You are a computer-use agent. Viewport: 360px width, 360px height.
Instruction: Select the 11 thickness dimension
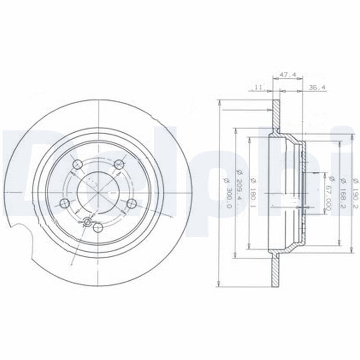click(258, 88)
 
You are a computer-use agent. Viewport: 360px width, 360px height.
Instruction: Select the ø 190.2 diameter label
click(355, 191)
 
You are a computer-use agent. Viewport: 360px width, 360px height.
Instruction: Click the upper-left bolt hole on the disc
click(77, 164)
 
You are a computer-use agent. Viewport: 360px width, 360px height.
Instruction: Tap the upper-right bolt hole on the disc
click(119, 164)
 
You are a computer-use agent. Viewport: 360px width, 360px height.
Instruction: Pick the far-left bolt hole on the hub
click(65, 203)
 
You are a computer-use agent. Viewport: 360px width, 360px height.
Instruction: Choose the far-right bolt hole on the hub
click(131, 204)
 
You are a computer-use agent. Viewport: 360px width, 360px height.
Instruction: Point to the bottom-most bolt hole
click(98, 228)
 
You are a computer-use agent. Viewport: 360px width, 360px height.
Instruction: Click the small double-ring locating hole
click(87, 221)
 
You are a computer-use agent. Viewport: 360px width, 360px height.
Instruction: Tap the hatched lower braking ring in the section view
click(275, 270)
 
